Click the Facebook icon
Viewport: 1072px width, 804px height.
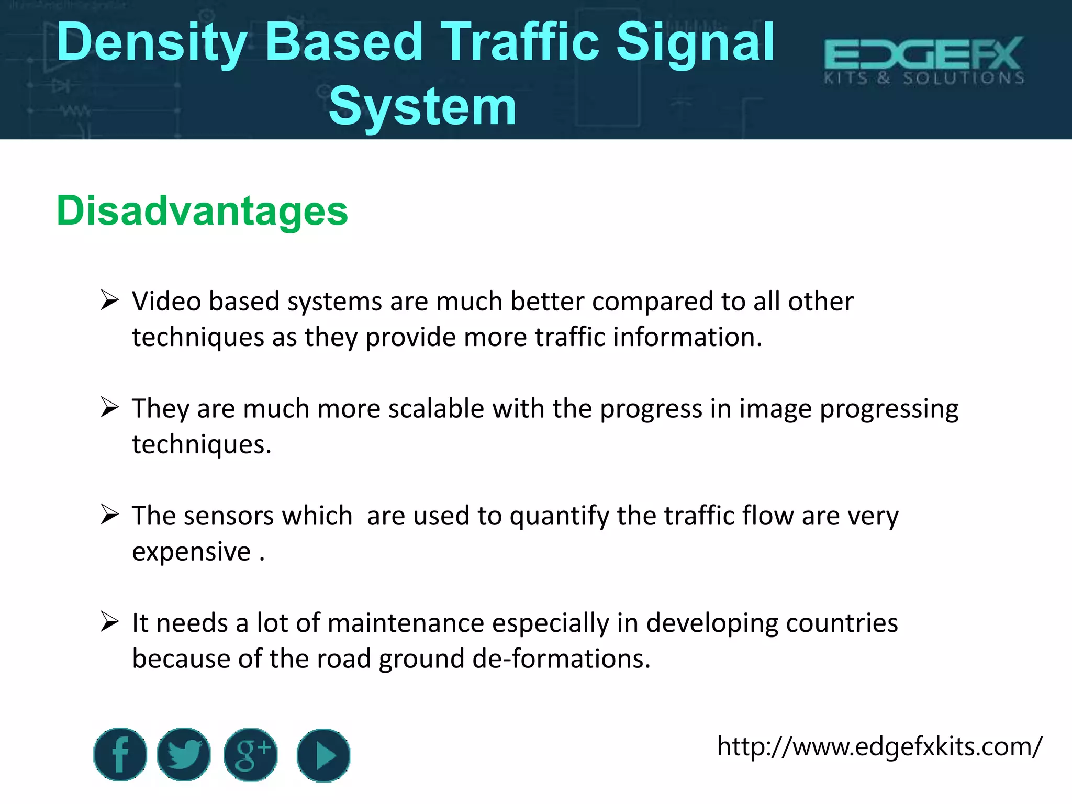tap(120, 754)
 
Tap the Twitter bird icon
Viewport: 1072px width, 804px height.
tap(184, 754)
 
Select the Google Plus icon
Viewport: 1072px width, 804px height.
tap(251, 755)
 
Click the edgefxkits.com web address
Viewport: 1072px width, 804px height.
tap(879, 746)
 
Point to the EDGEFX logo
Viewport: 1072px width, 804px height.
tap(924, 60)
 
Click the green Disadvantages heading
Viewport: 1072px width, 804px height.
tap(202, 210)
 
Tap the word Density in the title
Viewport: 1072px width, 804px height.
tap(152, 43)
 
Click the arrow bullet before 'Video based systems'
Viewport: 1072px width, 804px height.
tap(110, 300)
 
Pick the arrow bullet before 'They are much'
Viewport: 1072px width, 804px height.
tap(110, 407)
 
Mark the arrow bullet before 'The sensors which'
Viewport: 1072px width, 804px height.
tap(110, 515)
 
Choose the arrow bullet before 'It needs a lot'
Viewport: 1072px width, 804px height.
tap(110, 622)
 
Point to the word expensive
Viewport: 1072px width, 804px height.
tap(192, 552)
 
